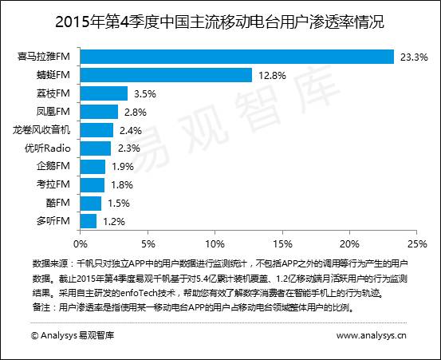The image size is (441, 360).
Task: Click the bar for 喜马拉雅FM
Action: pyautogui.click(x=237, y=57)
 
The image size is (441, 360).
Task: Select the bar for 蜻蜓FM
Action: pyautogui.click(x=166, y=75)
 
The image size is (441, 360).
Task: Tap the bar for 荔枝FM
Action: pyautogui.click(x=104, y=93)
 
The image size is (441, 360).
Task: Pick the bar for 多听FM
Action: pyautogui.click(x=88, y=220)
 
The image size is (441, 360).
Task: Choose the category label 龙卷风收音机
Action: pyautogui.click(x=42, y=129)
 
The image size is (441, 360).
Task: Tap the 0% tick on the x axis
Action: pyautogui.click(x=80, y=242)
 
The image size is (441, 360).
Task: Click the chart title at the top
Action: pyautogui.click(x=219, y=19)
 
